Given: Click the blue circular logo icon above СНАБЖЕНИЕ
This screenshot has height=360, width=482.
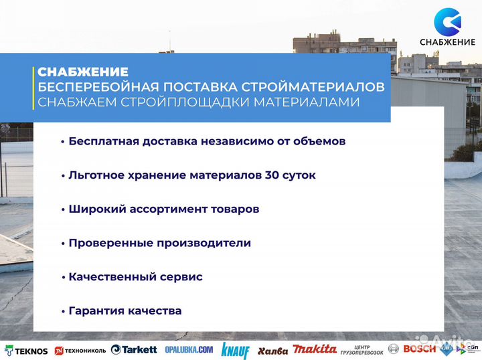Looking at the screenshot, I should [447, 22].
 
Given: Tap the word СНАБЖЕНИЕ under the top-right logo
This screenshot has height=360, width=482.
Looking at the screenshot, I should [447, 43].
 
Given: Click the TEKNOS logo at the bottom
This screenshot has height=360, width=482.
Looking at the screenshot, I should [26, 349].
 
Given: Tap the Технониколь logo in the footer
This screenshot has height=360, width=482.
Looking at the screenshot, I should [80, 350].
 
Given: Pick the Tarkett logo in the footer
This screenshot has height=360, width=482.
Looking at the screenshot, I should [134, 349].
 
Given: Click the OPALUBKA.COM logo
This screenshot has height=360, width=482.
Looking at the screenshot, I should [189, 349].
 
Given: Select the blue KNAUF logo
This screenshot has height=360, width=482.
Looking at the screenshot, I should [235, 350].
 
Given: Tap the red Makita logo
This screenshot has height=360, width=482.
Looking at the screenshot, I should [315, 349].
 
